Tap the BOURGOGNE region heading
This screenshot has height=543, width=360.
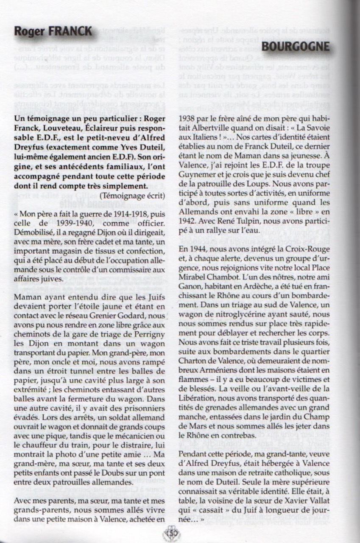[296, 47]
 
